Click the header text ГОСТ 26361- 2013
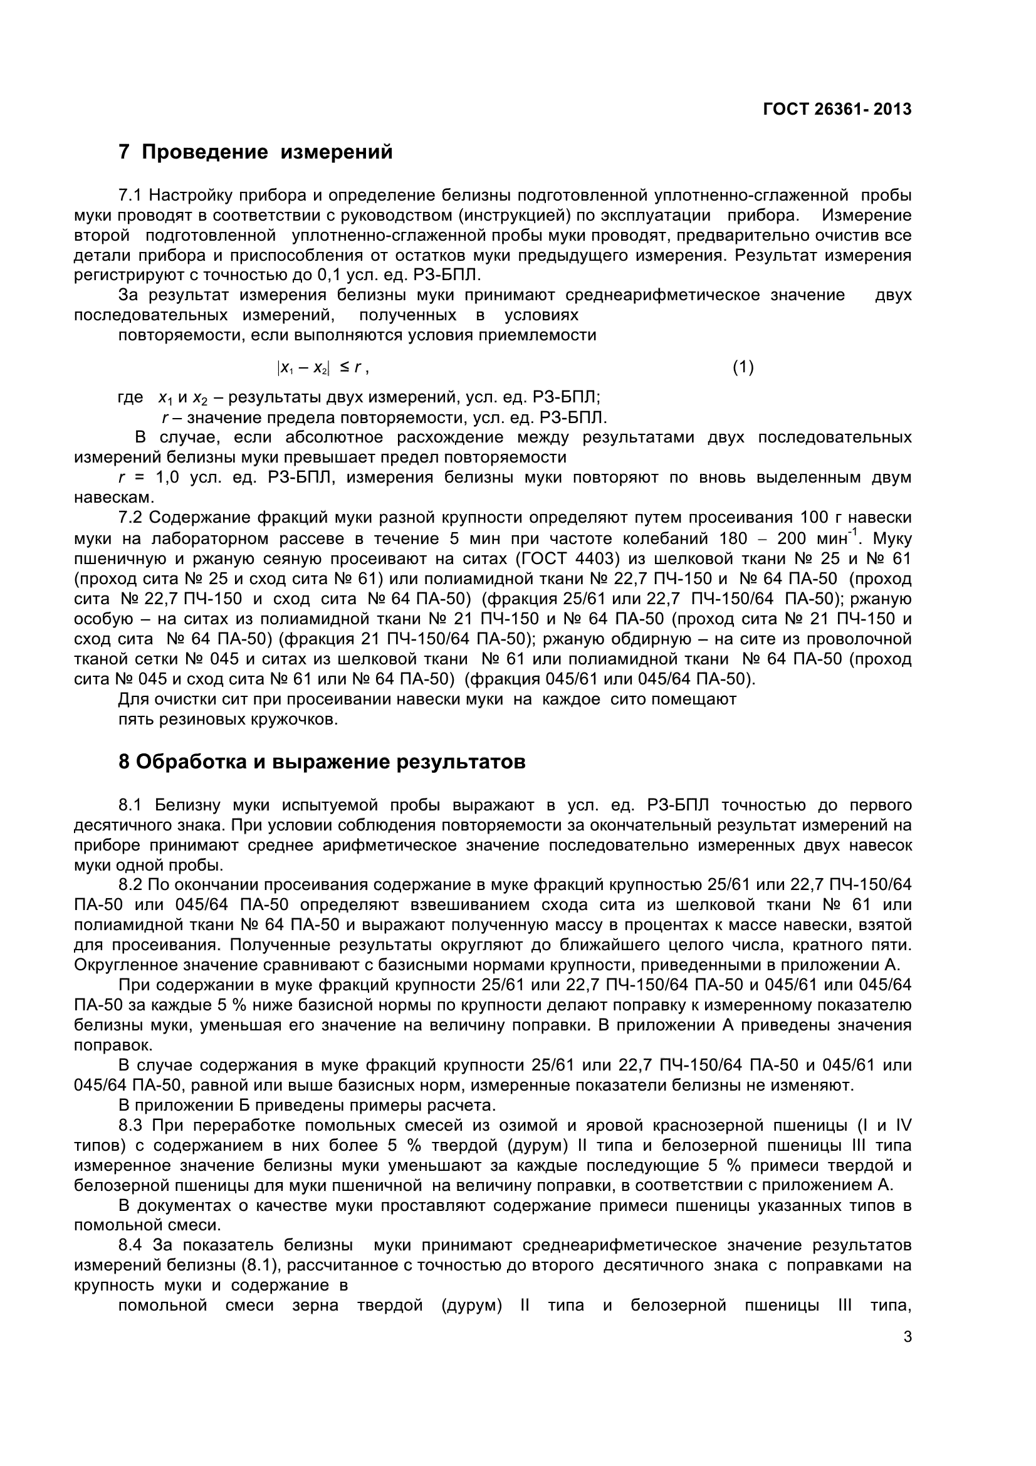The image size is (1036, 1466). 837,109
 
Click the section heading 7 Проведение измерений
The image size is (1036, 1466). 255,152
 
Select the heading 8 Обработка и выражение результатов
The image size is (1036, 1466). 322,762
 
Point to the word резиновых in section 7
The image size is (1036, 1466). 204,720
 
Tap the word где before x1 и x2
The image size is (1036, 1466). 131,397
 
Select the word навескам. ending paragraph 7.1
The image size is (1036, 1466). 114,498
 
